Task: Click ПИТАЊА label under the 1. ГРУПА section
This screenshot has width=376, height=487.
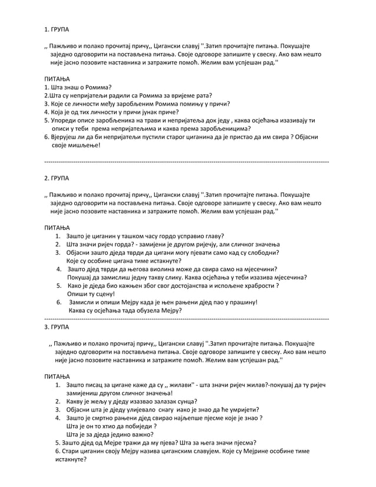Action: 57,78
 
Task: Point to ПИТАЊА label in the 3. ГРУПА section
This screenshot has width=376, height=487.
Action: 57,376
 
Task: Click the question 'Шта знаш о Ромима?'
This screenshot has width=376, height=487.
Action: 78,87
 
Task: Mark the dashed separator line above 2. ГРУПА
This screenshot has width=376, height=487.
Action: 187,161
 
